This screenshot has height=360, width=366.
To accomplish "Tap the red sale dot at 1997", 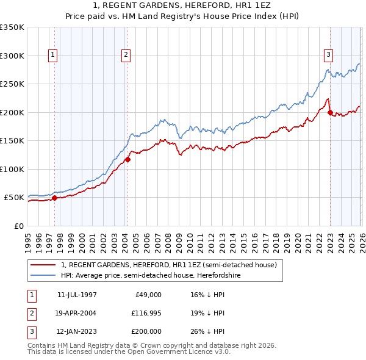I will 54,198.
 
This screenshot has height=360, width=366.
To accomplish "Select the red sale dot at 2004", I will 127,160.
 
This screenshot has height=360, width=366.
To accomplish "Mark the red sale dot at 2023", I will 330,112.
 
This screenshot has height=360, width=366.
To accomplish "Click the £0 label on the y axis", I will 18,226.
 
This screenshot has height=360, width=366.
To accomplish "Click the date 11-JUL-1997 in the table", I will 76,294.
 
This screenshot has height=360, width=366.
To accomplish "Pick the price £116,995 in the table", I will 146,312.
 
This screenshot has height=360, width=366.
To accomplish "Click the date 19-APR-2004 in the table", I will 76,312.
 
